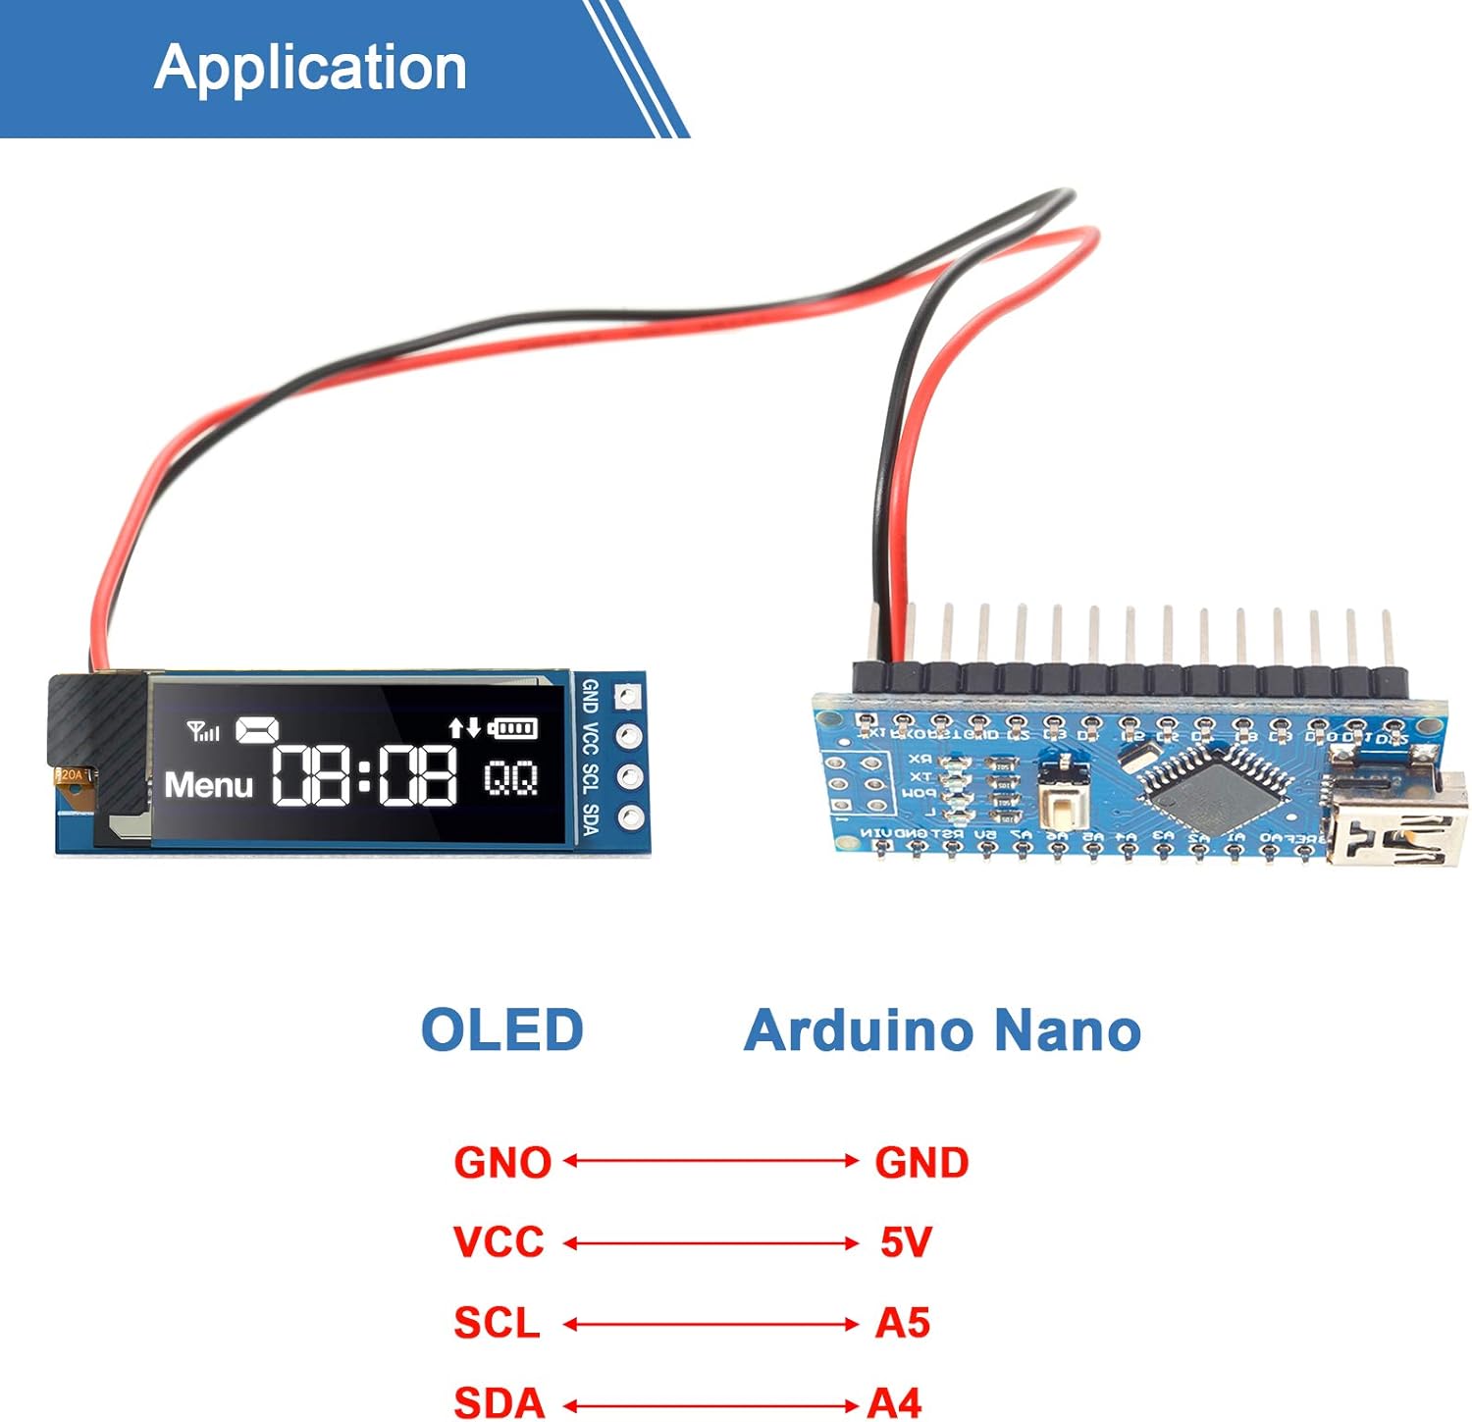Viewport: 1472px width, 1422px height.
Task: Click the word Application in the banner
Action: (310, 68)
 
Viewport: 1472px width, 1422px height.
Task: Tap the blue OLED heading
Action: (501, 1030)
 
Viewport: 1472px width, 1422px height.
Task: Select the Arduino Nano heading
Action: (942, 1030)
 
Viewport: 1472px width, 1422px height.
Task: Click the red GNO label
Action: (502, 1163)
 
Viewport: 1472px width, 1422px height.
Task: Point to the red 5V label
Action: (905, 1242)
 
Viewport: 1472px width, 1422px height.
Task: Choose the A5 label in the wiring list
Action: (903, 1323)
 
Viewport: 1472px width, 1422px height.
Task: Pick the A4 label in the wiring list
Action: (895, 1402)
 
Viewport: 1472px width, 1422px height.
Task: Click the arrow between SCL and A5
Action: (710, 1324)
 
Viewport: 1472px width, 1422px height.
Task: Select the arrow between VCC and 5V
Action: (710, 1243)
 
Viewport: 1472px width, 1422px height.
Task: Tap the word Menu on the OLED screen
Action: (209, 785)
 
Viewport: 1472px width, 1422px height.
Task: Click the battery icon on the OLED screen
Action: (513, 728)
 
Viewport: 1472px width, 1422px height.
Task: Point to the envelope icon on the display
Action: (257, 730)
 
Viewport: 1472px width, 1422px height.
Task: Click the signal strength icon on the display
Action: (203, 731)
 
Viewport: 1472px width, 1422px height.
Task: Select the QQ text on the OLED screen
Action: (511, 779)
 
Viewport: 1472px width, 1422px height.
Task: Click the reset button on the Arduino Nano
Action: (1063, 806)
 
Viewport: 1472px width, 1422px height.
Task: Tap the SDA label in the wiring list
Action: (499, 1402)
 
